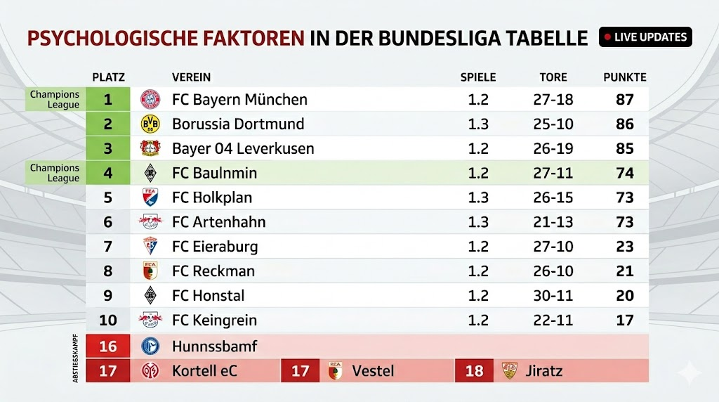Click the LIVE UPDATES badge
pyautogui.click(x=645, y=37)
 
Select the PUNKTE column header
pyautogui.click(x=624, y=77)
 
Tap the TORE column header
pyautogui.click(x=553, y=77)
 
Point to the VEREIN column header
pyautogui.click(x=191, y=77)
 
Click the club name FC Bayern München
pyautogui.click(x=239, y=100)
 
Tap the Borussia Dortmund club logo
pyautogui.click(x=150, y=124)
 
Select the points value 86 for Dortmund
pyautogui.click(x=624, y=124)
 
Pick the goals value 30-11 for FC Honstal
pyautogui.click(x=553, y=296)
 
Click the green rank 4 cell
pyautogui.click(x=108, y=173)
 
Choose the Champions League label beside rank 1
pyautogui.click(x=55, y=100)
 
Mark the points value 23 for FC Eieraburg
pyautogui.click(x=624, y=247)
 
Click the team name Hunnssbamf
pyautogui.click(x=214, y=346)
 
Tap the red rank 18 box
pyautogui.click(x=474, y=370)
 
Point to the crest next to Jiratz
pyautogui.click(x=509, y=370)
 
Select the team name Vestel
pyautogui.click(x=373, y=370)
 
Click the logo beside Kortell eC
pyautogui.click(x=150, y=370)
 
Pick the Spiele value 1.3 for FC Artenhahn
pyautogui.click(x=478, y=222)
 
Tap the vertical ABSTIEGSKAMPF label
pyautogui.click(x=75, y=358)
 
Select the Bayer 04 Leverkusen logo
pyautogui.click(x=150, y=149)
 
